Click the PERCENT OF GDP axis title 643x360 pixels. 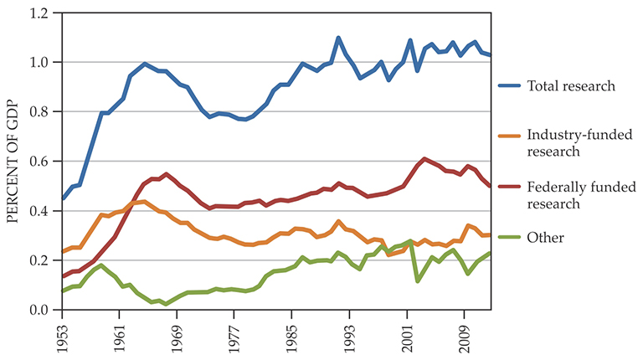pos(13,161)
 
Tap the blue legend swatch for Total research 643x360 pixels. pos(510,85)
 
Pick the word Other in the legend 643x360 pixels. pos(546,238)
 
